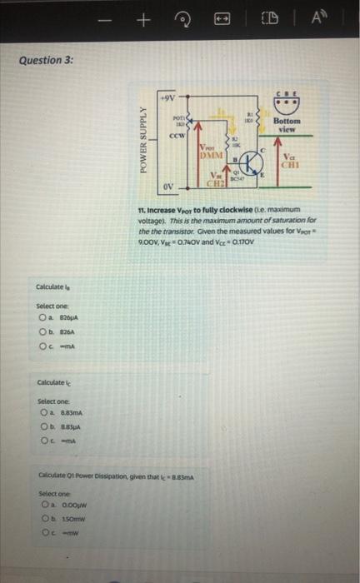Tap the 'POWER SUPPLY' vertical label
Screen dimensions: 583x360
click(x=147, y=142)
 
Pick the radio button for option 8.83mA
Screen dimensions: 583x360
click(x=40, y=413)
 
